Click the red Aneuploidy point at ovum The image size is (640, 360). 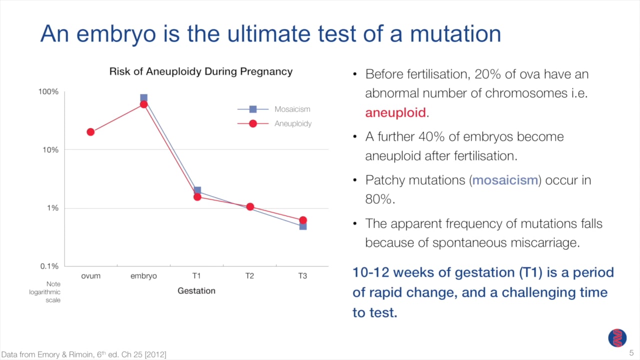pos(90,132)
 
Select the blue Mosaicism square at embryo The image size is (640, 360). pos(143,98)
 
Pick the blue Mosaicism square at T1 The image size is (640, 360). pos(197,190)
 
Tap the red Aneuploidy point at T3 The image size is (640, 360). pos(303,220)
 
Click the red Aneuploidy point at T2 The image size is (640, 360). pos(250,206)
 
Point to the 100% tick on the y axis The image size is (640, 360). pos(48,92)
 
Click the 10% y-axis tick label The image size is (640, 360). pos(50,150)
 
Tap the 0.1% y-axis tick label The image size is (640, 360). pos(49,266)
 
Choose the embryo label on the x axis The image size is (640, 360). pos(143,276)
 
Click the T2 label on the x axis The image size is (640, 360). pos(249,276)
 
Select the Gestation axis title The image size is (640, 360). pos(196,290)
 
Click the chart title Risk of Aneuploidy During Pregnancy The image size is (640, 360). pos(200,71)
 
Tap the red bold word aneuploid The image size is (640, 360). pos(395,112)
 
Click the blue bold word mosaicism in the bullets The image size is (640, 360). pos(505,180)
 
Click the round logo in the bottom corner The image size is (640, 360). pos(617,338)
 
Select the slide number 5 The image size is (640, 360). pos(630,352)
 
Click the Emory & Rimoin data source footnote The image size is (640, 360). pos(83,354)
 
